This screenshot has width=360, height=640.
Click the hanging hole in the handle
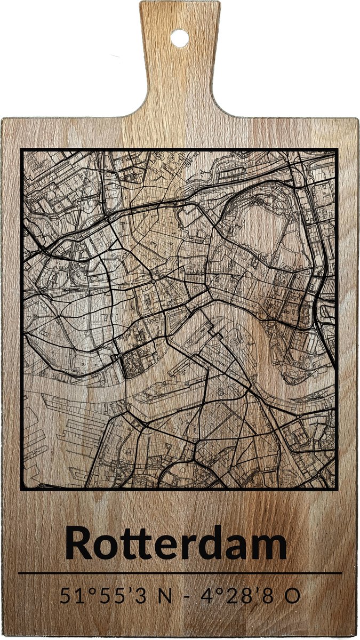pos(180,38)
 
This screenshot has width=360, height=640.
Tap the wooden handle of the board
pos(180,75)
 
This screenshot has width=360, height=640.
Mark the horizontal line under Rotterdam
pos(180,573)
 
